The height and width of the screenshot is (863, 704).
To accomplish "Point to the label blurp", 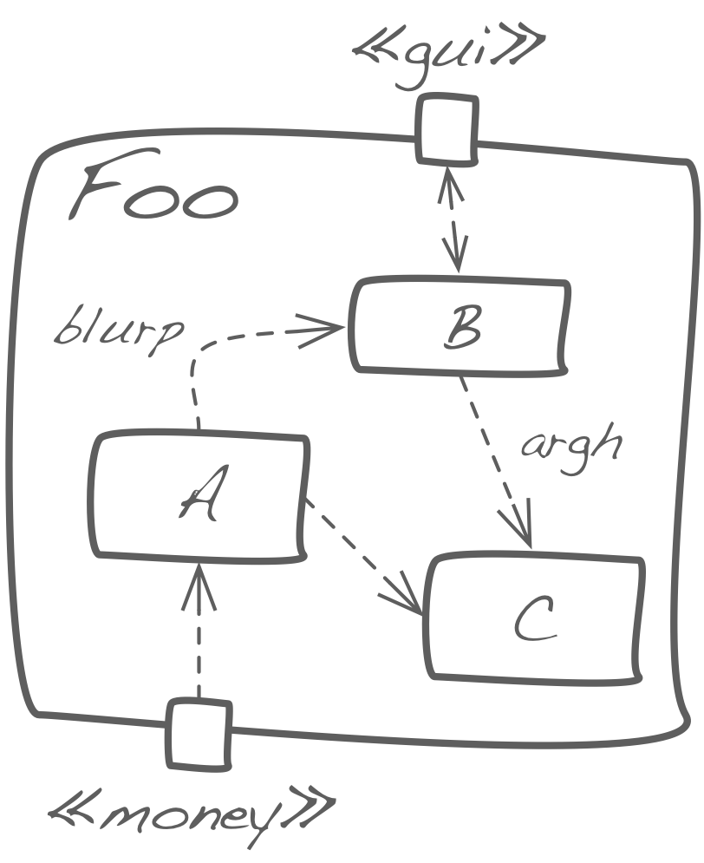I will pos(120,331).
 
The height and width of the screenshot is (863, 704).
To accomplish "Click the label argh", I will pos(572,444).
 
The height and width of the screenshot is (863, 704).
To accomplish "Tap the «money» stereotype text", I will pos(191,811).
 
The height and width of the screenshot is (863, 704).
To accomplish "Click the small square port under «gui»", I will pos(447,130).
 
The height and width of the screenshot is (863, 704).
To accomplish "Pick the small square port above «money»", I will pos(199,734).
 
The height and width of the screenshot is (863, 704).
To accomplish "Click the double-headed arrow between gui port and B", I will pos(452,217).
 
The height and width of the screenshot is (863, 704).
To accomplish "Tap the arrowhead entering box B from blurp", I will pos(325,330).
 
